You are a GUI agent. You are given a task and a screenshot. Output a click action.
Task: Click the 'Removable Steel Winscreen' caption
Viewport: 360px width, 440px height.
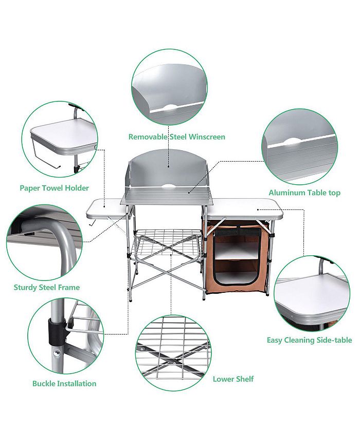click(x=176, y=137)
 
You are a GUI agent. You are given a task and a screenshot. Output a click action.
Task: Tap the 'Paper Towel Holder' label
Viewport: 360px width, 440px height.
click(x=54, y=188)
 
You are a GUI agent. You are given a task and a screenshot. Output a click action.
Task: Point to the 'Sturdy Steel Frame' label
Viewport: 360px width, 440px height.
click(x=47, y=287)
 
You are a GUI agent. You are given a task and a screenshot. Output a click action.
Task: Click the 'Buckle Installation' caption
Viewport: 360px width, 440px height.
click(x=64, y=383)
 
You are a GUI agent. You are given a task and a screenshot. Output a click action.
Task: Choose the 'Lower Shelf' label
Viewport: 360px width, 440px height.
click(x=233, y=379)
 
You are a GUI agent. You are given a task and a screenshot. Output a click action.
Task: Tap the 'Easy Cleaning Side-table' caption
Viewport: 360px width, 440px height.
click(x=309, y=340)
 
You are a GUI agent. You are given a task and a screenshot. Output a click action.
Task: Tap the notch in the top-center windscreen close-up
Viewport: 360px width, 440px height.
click(x=170, y=107)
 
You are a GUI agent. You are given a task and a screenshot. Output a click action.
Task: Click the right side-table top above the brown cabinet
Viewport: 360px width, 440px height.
click(x=245, y=207)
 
